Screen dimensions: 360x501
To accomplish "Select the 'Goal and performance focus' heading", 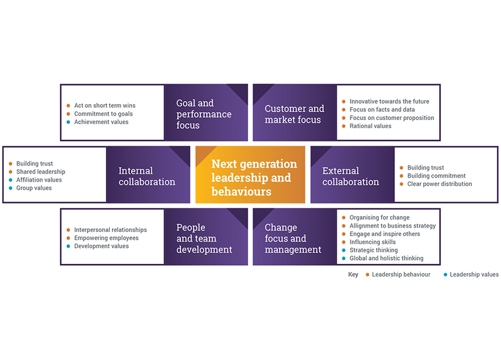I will pos(204,114).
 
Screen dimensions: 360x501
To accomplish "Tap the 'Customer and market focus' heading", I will pos(294,114).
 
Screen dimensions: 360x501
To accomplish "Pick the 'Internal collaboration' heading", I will pos(147,176).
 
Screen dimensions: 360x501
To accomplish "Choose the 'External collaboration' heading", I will pos(350,176).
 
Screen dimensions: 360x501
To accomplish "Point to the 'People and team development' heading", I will pos(204,238).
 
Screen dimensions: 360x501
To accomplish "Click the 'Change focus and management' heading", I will pos(293,238).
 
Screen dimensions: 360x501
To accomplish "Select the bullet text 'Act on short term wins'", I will pos(105,106).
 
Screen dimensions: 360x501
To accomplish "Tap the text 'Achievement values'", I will pos(101,122).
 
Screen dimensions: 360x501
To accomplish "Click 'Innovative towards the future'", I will pos(389,101).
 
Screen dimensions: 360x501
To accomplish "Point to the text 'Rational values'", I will pos(370,126).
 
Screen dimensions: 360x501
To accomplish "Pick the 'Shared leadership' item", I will pos(41,172).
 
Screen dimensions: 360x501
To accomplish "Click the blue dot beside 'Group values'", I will pos(10,188).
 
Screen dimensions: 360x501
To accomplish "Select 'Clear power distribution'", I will pos(439,184).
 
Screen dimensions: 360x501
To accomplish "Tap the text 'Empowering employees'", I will pos(106,238).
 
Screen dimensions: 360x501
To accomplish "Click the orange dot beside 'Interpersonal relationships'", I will pos(68,230).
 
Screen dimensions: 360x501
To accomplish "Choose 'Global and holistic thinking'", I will pos(386,259).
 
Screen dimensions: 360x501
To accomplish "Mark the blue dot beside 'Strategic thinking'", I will pos(343,250).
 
